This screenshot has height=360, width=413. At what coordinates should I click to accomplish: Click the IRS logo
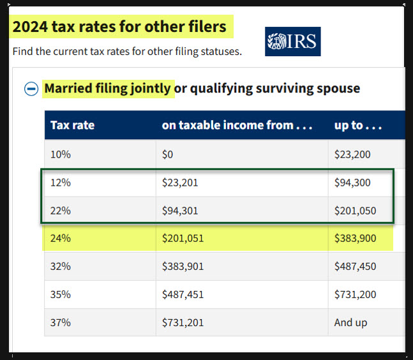292,41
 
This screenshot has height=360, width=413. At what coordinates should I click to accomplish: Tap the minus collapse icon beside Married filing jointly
31,89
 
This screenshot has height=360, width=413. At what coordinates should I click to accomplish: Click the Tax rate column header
73,125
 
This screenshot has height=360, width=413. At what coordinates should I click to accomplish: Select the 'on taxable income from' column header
237,125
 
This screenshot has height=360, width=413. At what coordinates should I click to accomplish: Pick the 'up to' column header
358,125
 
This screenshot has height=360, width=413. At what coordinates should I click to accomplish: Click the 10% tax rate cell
61,154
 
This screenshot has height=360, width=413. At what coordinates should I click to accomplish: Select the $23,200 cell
352,154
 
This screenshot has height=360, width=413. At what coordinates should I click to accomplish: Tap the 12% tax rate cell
61,183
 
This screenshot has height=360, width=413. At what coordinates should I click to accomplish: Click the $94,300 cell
352,183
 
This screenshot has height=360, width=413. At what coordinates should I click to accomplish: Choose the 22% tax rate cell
61,210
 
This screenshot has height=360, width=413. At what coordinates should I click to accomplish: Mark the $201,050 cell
355,210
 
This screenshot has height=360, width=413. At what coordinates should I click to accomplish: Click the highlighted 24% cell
61,238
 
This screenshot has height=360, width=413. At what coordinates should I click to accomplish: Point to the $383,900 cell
355,238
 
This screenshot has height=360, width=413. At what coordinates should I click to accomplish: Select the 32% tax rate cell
61,266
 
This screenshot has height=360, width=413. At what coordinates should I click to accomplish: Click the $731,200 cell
355,294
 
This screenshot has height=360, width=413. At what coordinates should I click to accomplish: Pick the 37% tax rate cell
61,322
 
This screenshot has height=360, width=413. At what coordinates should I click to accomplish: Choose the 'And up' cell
350,322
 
